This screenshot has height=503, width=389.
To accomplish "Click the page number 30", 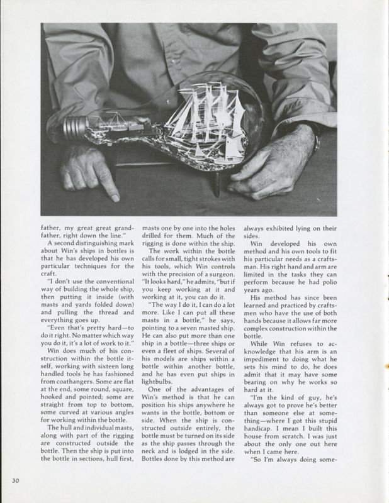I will coord(16,482).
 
